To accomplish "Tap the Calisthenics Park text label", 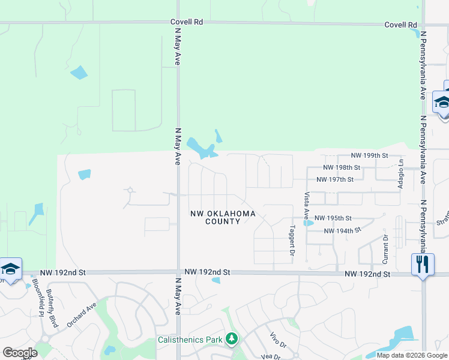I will (x=190, y=340).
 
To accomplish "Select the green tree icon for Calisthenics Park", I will (x=232, y=340).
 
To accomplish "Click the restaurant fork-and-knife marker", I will (x=423, y=264).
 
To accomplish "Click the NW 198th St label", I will (x=341, y=167).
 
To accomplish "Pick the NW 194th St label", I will (x=342, y=230).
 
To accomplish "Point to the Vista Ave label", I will (x=307, y=204).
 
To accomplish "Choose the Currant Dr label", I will (x=386, y=248).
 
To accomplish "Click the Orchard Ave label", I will (x=82, y=314).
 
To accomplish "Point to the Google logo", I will (x=20, y=353).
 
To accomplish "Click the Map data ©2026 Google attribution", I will (x=411, y=355).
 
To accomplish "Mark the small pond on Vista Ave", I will (x=309, y=223).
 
